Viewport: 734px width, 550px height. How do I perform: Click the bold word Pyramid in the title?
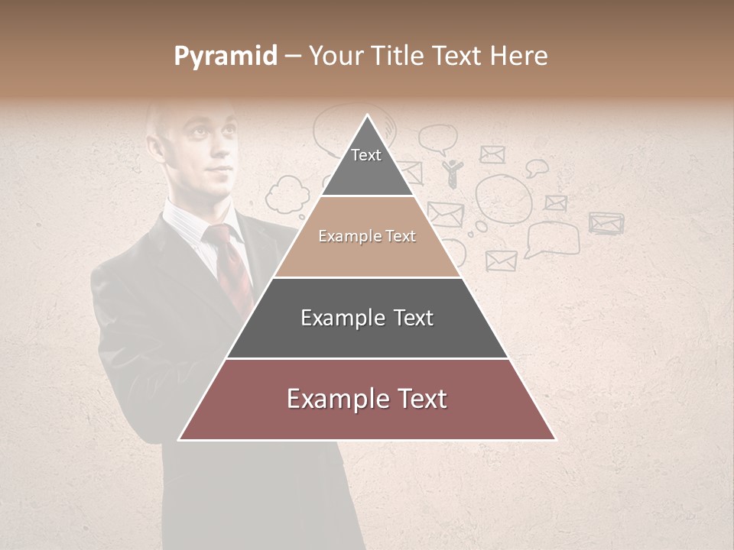coord(226,56)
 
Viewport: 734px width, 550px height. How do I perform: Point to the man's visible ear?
coord(162,147)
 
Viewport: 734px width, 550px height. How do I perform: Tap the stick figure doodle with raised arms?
coord(453,173)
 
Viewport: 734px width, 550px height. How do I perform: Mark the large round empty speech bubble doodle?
coord(504,199)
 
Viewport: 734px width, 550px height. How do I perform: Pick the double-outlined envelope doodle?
coord(606,222)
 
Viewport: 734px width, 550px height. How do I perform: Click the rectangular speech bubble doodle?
coord(552,239)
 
